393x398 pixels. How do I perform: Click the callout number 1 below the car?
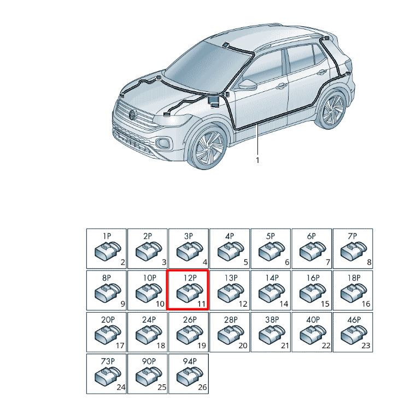tap(257, 160)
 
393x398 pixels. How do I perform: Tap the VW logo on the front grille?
tap(132, 115)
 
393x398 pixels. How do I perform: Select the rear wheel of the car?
tap(332, 110)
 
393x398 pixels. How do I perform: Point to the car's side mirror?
tap(248, 84)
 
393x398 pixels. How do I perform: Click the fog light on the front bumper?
tap(163, 143)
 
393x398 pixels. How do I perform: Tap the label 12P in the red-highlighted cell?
tap(190, 278)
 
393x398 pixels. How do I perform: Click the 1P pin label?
tap(107, 236)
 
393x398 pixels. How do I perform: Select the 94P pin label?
tap(190, 361)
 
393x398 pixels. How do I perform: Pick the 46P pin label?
tap(354, 319)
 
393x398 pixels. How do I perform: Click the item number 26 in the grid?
tap(202, 387)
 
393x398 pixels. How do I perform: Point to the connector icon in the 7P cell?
tap(354, 251)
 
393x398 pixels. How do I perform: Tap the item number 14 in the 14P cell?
tap(284, 304)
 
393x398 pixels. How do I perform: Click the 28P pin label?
tap(231, 319)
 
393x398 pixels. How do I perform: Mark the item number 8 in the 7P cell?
tap(369, 262)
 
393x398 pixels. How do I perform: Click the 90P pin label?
tap(149, 361)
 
